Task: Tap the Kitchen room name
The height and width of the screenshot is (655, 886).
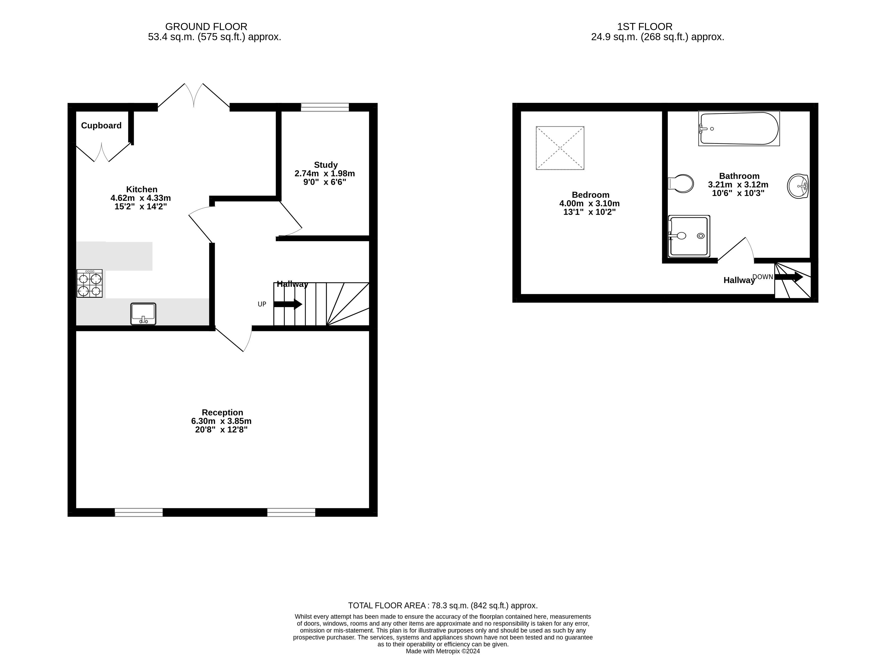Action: coord(141,190)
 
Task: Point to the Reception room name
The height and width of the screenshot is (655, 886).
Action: coord(222,412)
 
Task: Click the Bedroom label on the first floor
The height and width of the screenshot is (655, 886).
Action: coord(590,195)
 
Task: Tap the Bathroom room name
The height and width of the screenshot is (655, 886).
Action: coord(739,176)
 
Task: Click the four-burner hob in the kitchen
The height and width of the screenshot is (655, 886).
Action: coord(90,284)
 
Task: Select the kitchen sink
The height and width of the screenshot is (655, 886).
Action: coord(143,314)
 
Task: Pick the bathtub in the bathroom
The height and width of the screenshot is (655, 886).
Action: coord(739,128)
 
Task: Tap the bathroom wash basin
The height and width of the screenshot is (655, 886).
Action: coord(798,186)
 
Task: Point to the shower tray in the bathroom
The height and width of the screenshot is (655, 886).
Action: coord(689,236)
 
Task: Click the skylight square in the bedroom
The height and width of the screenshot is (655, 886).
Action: coord(560,148)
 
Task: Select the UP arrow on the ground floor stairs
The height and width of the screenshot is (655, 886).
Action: coord(288,304)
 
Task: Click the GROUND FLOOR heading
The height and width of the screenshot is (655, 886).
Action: coord(206,27)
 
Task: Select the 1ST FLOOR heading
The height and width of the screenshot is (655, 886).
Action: coord(644,27)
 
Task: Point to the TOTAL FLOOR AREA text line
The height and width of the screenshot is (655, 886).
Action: coord(443,605)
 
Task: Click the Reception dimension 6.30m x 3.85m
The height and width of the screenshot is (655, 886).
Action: coord(221,421)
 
